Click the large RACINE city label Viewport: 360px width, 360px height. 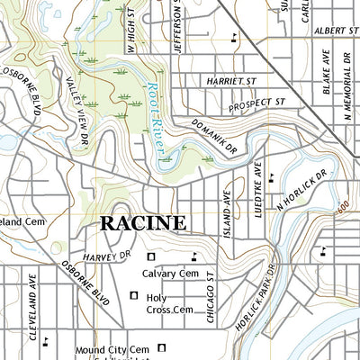142,222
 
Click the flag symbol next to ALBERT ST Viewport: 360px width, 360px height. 235,38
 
